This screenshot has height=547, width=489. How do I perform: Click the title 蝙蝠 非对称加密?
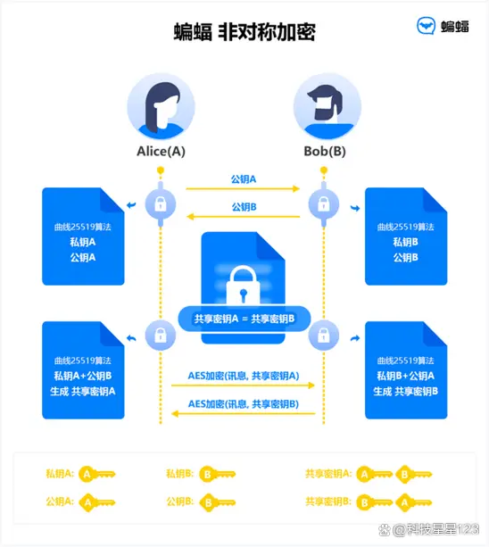pos(244,32)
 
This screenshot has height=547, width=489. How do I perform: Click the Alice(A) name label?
pos(162,151)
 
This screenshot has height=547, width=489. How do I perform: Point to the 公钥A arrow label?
pos(243,179)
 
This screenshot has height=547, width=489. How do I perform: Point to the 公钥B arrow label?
pos(243,206)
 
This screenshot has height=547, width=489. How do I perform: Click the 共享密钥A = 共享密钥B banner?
pos(244,319)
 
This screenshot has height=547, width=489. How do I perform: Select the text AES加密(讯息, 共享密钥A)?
pos(243,376)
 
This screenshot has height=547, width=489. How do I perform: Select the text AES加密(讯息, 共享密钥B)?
pos(243,404)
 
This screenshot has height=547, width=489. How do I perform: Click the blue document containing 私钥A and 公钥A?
pos(83,236)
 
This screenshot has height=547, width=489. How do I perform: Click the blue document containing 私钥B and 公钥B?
pos(406,236)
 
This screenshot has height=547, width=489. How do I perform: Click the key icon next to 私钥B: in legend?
pos(218,474)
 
